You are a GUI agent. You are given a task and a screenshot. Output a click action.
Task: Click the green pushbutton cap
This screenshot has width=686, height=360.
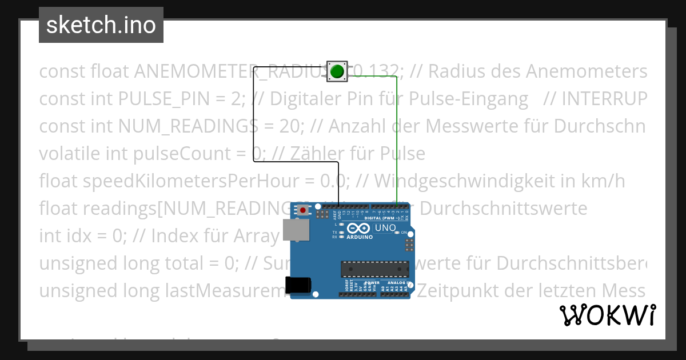point(337,71)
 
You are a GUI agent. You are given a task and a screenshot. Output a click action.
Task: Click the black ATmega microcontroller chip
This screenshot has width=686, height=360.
point(375,269)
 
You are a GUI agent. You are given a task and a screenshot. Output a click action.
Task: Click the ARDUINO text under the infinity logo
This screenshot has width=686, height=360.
point(358,237)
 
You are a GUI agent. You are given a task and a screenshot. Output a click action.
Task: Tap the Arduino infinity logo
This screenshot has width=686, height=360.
point(358,229)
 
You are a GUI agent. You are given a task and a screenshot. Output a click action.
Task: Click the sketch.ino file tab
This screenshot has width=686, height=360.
point(101,25)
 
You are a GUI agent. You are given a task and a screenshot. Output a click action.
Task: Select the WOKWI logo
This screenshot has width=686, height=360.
point(608,315)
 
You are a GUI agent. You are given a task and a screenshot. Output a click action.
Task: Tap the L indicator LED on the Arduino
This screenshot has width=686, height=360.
point(341,225)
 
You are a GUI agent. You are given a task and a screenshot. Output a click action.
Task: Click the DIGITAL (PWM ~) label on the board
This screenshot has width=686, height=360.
point(382,218)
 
